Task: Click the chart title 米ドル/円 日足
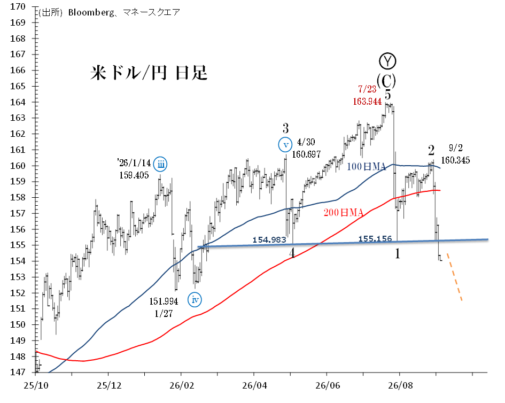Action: click(149, 73)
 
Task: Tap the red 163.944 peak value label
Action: click(367, 102)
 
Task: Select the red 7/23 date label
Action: click(367, 89)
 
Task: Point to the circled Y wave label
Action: click(387, 61)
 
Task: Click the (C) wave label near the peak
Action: click(386, 81)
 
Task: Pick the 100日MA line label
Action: click(366, 167)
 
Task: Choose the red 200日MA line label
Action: click(343, 212)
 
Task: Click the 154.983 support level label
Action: click(269, 239)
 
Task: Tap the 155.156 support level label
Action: click(375, 238)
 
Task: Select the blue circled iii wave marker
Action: click(160, 165)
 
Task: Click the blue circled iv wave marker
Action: click(195, 300)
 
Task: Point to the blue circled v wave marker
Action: click(285, 145)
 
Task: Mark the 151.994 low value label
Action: click(164, 301)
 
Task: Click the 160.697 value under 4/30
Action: click(306, 154)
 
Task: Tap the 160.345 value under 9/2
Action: click(455, 160)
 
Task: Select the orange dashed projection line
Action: click(455, 277)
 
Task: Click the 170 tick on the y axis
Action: click(18, 7)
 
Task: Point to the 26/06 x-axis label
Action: click(328, 385)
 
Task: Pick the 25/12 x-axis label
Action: click(109, 385)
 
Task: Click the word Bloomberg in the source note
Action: click(91, 13)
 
